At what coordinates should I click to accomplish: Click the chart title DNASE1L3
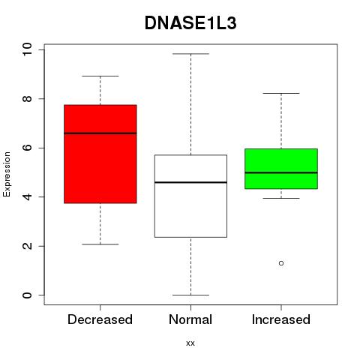coord(190,23)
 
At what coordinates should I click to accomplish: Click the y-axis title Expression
coord(7,174)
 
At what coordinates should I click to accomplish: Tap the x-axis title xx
coord(190,343)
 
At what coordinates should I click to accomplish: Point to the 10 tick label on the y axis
coord(27,49)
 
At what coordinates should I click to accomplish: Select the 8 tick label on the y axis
coord(27,99)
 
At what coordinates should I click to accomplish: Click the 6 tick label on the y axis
coord(27,148)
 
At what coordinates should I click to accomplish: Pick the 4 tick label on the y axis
coord(27,196)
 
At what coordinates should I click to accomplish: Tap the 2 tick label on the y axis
coord(27,246)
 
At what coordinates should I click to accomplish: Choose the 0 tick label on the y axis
coord(27,295)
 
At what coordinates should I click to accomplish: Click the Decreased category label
coord(100,319)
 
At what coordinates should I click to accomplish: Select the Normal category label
coord(190,319)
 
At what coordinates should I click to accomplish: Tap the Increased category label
coord(281,319)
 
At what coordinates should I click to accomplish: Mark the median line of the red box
coord(100,133)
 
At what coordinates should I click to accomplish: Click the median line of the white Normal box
coord(190,182)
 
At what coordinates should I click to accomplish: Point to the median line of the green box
coord(281,172)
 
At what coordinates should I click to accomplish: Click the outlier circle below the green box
coord(281,263)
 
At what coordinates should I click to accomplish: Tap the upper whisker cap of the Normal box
coord(190,54)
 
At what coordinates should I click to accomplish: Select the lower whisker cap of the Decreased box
coord(100,244)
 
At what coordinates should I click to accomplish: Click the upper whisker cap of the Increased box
coord(281,93)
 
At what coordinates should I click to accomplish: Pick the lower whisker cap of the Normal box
coord(190,295)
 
